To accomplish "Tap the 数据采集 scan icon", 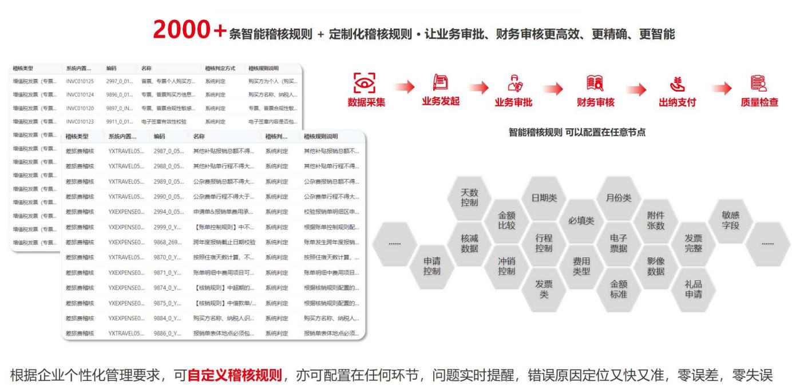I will coord(366,83).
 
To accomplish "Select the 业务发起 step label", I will coord(441,102).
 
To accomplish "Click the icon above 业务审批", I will coord(514,83).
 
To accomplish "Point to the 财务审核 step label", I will coord(596,102).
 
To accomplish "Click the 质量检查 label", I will coord(759,102).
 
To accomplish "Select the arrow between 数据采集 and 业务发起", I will coord(403,87).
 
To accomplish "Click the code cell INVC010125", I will coord(80,81).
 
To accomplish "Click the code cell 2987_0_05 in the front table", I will coord(169,151).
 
